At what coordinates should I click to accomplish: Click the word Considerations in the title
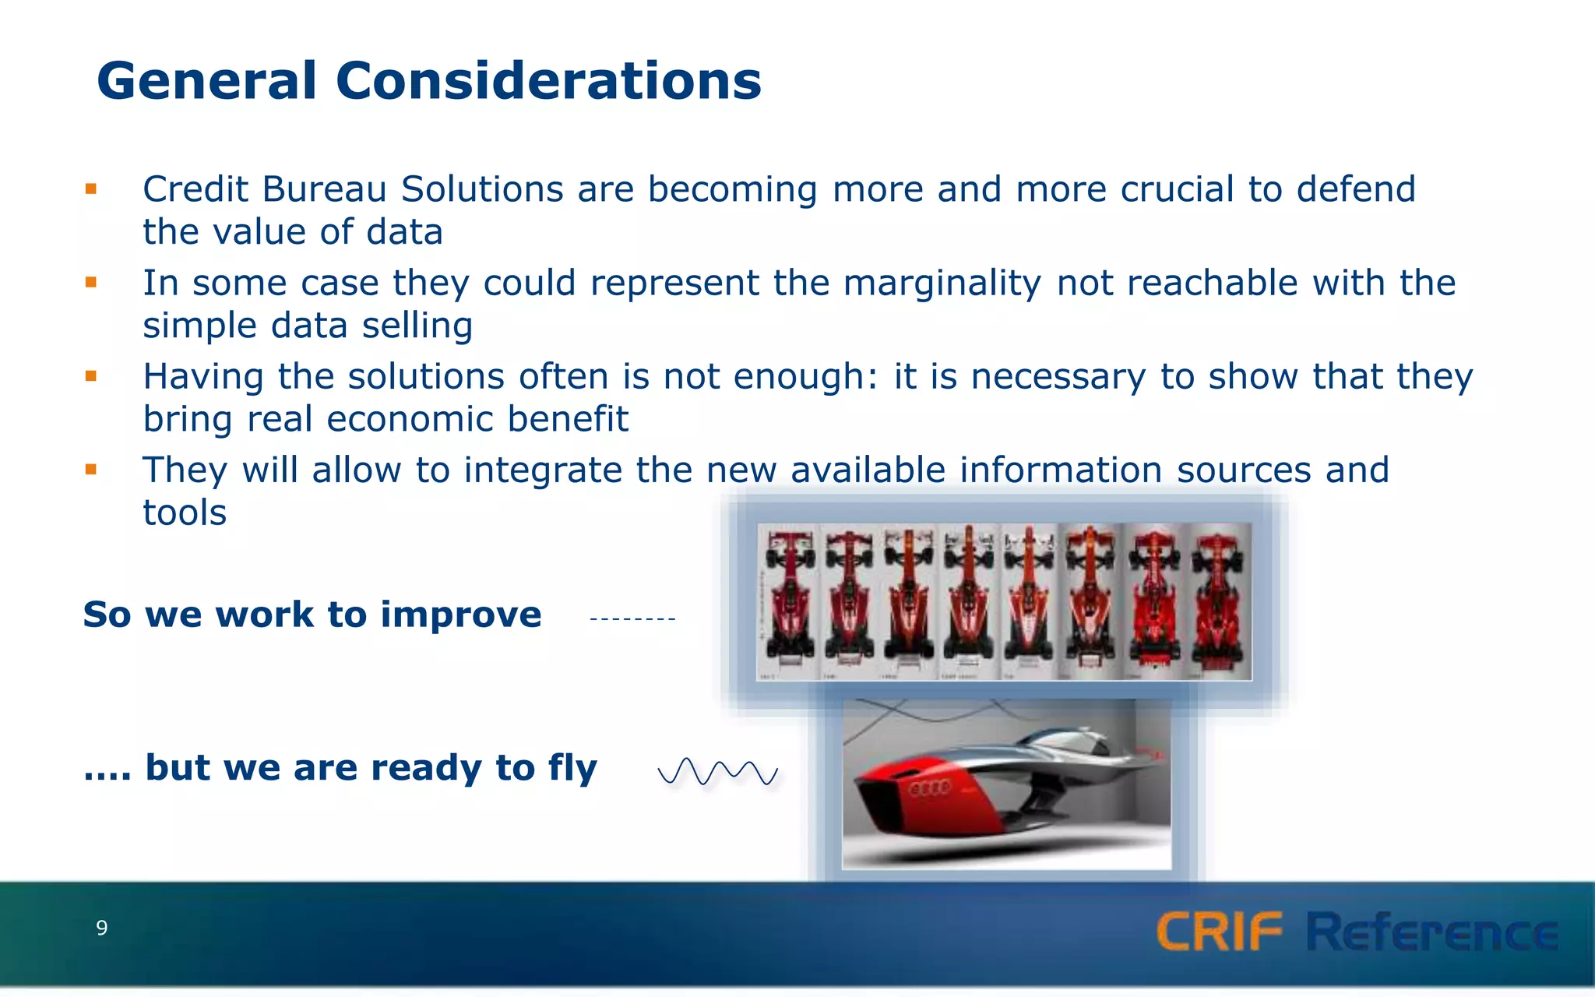click(x=548, y=81)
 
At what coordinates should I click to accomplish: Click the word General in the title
click(x=207, y=81)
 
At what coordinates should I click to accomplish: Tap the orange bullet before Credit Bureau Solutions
click(x=91, y=188)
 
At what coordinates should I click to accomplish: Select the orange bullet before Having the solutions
click(x=91, y=376)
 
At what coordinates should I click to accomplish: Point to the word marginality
click(x=942, y=284)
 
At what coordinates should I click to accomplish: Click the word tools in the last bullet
click(x=185, y=513)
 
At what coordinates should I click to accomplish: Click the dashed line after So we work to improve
click(x=632, y=619)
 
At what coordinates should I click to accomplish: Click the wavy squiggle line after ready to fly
click(x=717, y=772)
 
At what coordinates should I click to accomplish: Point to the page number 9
click(x=101, y=928)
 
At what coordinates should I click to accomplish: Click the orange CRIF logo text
click(x=1219, y=932)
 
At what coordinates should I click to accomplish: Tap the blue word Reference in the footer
click(x=1431, y=932)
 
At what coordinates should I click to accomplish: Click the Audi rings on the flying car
click(x=929, y=788)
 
